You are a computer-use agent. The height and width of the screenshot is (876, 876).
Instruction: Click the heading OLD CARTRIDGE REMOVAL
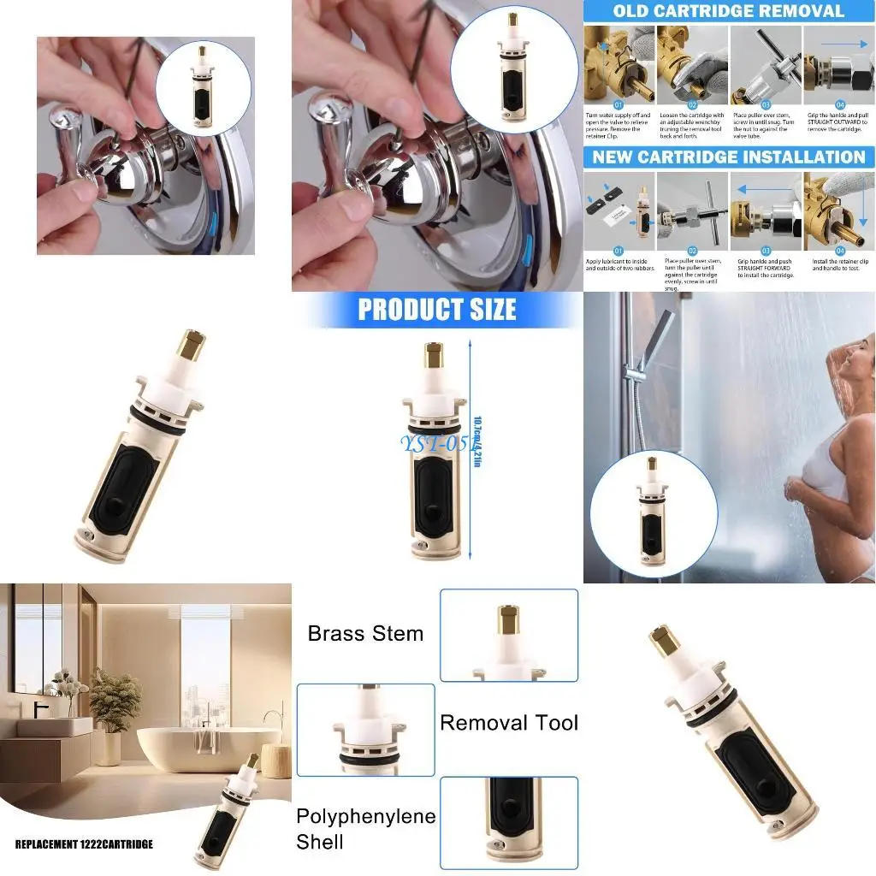pyautogui.click(x=728, y=12)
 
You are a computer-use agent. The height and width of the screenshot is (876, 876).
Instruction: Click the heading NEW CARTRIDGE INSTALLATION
pyautogui.click(x=728, y=157)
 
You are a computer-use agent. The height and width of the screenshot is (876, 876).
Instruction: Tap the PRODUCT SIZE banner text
pyautogui.click(x=436, y=309)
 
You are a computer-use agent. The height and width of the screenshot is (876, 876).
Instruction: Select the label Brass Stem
pyautogui.click(x=365, y=634)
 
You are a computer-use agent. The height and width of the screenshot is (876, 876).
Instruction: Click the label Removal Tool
pyautogui.click(x=509, y=723)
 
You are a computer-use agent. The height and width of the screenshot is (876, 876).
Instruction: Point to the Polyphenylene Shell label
pyautogui.click(x=365, y=829)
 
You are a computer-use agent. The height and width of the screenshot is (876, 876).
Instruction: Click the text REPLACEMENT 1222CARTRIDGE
pyautogui.click(x=84, y=844)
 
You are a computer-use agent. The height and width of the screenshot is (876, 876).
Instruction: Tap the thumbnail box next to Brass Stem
pyautogui.click(x=509, y=635)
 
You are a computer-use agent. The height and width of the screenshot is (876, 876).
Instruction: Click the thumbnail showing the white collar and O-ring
pyautogui.click(x=365, y=730)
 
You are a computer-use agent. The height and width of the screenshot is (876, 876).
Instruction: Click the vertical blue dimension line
pyautogui.click(x=471, y=445)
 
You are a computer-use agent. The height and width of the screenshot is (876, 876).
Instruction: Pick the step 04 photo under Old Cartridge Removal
pyautogui.click(x=839, y=68)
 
